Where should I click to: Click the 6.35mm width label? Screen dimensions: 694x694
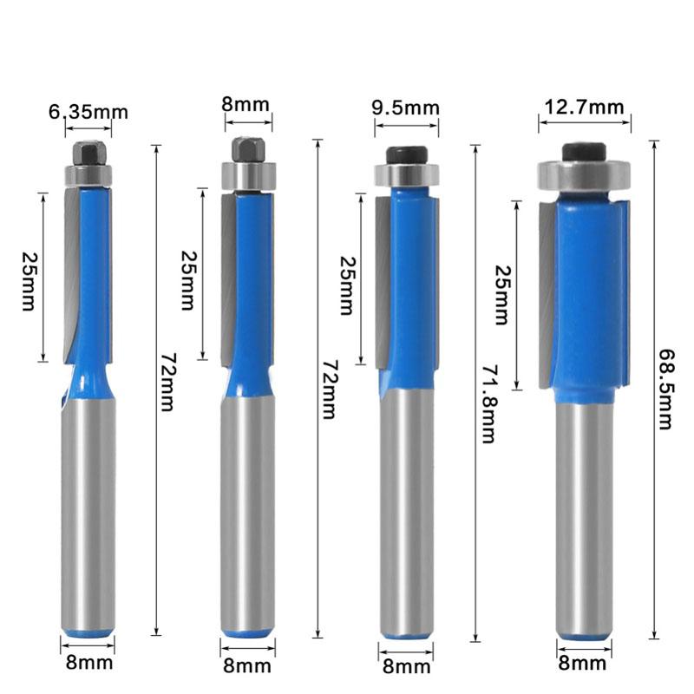88,112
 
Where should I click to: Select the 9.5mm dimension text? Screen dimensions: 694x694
405,108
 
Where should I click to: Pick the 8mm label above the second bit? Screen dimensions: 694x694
246,105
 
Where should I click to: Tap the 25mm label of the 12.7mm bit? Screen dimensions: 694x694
501,296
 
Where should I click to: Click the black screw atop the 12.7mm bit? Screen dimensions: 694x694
582,151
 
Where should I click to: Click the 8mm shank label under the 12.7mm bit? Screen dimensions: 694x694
583,665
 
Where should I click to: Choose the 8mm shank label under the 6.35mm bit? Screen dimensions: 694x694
88,665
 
